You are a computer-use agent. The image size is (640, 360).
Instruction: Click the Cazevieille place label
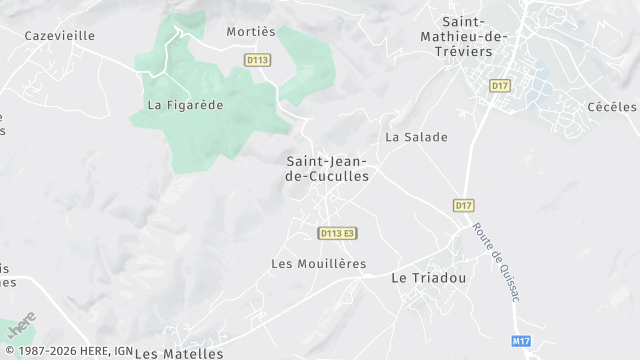pos(59,35)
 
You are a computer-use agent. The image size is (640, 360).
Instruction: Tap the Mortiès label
pos(250,31)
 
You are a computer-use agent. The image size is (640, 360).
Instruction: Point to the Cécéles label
pos(612,107)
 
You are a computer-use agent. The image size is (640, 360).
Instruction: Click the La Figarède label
pos(185,104)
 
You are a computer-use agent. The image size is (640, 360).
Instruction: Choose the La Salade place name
pos(416,137)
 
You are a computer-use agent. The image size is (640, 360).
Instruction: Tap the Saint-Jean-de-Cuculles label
pos(327,167)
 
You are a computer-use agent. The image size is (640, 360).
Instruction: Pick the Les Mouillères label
pos(318,264)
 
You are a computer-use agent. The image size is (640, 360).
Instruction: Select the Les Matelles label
pos(179,353)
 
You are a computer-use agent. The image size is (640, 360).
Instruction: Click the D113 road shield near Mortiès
pos(257,60)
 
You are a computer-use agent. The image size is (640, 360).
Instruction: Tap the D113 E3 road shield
pos(337,233)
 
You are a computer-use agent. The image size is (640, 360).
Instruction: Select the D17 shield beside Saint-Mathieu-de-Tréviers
pos(500,86)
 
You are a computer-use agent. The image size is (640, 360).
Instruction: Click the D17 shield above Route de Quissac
pos(463,205)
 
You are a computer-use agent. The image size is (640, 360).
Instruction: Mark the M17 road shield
pos(520,341)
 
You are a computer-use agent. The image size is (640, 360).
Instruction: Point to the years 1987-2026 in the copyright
pos(50,352)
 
